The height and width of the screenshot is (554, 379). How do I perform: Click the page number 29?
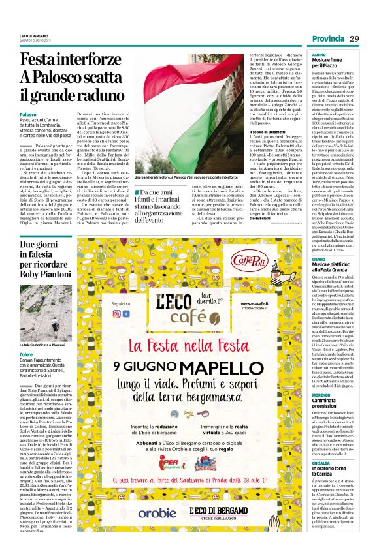[355, 39]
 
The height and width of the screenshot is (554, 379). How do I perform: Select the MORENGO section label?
[321, 395]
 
